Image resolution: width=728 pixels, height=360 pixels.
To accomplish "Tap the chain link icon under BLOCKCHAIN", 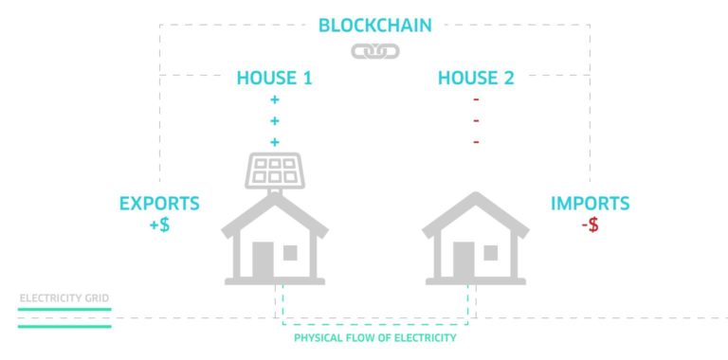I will pyautogui.click(x=375, y=51).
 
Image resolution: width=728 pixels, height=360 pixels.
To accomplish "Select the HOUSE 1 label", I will pyautogui.click(x=274, y=79).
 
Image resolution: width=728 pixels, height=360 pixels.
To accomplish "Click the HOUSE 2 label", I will pyautogui.click(x=476, y=79).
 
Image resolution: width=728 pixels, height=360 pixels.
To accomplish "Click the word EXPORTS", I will pyautogui.click(x=159, y=204).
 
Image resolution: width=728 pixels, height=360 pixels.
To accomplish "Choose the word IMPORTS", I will pyautogui.click(x=591, y=204).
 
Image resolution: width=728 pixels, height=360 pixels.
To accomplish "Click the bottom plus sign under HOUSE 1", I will pyautogui.click(x=275, y=142).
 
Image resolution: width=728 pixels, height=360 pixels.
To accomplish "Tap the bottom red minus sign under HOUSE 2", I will pyautogui.click(x=476, y=142).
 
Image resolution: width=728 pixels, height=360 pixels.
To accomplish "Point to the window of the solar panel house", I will pyautogui.click(x=290, y=253).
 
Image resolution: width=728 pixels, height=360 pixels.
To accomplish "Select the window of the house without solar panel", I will pyautogui.click(x=490, y=253).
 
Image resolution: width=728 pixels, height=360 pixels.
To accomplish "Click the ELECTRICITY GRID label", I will pyautogui.click(x=64, y=298).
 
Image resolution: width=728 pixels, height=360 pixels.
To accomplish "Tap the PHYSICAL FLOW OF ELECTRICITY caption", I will pyautogui.click(x=375, y=338).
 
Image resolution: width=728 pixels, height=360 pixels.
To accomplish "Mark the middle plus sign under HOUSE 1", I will pyautogui.click(x=275, y=121).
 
